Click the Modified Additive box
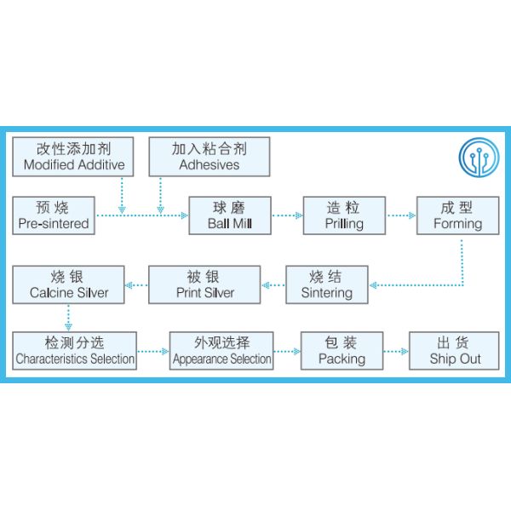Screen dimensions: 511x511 click(x=74, y=156)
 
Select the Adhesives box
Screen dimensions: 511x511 click(x=209, y=156)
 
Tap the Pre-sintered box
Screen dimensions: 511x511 click(x=53, y=215)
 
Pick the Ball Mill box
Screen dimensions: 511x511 click(x=229, y=215)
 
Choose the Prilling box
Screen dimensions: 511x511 click(x=344, y=215)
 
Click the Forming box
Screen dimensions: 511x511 click(x=457, y=215)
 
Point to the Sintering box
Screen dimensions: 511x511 click(x=327, y=284)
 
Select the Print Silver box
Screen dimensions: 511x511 click(x=204, y=284)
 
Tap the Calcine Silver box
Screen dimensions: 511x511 click(x=69, y=284)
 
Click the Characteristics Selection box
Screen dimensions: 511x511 click(x=75, y=350)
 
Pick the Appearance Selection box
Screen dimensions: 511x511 click(x=221, y=350)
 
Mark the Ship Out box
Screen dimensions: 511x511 click(x=455, y=350)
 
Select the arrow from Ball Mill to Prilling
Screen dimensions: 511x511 click(x=287, y=215)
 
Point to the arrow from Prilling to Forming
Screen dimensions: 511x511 click(x=400, y=215)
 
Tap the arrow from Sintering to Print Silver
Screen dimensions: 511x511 click(x=273, y=284)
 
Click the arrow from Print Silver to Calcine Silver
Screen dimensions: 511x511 click(x=136, y=284)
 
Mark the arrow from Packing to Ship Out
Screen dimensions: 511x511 click(x=396, y=350)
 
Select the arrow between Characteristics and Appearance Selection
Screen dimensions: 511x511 click(x=153, y=350)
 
